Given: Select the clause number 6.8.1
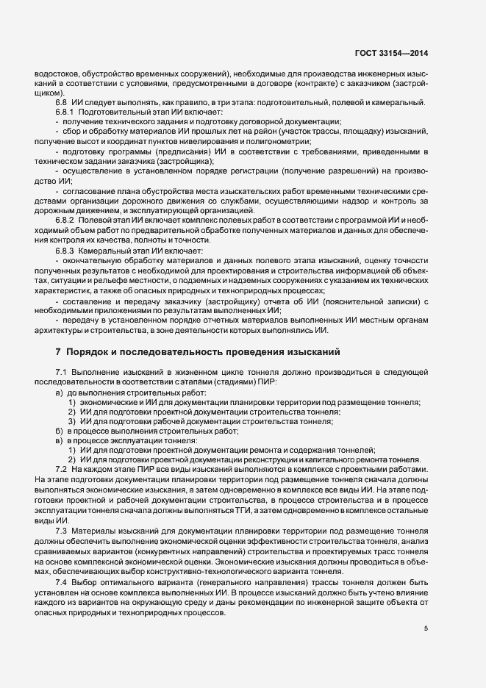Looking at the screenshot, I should tap(65, 111).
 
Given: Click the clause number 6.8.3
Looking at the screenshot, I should tap(65, 251).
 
